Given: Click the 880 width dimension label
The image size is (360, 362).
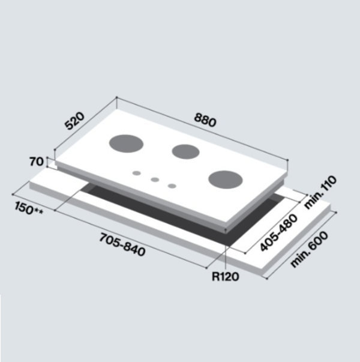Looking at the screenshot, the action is pos(205,120).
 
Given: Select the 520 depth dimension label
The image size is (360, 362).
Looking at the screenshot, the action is pos(74,121).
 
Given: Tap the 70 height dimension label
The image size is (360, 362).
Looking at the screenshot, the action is pos(37,161).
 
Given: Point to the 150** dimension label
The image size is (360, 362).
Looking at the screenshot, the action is pos(29,208).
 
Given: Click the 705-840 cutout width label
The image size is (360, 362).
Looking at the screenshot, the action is pos(122,244).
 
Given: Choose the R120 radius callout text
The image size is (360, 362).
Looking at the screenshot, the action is pos(226,277).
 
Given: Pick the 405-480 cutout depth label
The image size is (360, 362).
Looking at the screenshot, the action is pos(279,232).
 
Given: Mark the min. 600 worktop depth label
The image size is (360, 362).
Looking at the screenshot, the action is pos(309,250).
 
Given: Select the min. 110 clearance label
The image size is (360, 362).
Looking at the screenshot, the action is pos(320,192).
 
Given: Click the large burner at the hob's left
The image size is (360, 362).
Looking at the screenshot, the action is pos(126,143).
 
